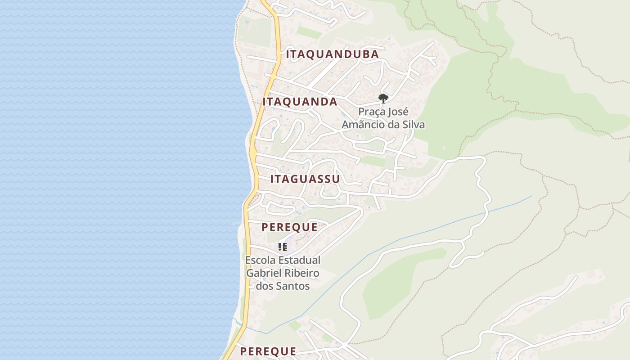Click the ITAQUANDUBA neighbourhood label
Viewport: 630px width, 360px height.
[332, 54]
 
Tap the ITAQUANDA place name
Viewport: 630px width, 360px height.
[300, 102]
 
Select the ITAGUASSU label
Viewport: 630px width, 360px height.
[305, 179]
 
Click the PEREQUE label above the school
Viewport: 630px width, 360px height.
[289, 227]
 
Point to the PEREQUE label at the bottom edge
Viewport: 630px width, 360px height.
[268, 351]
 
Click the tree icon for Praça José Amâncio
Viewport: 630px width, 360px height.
[383, 98]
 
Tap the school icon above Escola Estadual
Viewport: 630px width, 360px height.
[283, 247]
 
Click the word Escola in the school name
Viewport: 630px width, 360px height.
[261, 260]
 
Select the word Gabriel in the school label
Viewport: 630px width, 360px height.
[264, 273]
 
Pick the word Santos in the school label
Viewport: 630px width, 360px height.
[293, 286]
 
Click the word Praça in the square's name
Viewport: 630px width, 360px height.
[373, 112]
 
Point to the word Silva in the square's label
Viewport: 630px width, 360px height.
[414, 125]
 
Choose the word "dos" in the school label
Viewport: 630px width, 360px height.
[265, 286]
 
